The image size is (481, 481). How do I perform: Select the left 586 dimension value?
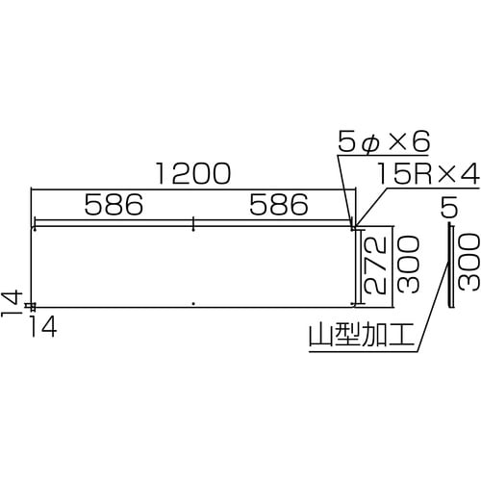[x=113, y=205]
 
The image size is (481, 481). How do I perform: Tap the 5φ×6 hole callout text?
[x=382, y=142]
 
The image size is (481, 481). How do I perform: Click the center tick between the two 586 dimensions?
[x=194, y=224]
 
